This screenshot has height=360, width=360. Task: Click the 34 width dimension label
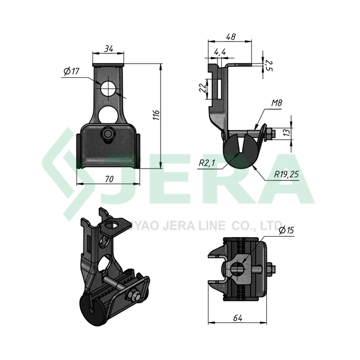click(x=108, y=48)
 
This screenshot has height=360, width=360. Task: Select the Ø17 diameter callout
click(x=71, y=72)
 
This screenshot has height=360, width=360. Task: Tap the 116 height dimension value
click(x=156, y=115)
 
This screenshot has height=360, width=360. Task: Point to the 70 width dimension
click(x=109, y=179)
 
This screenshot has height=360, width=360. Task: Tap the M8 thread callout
click(x=276, y=103)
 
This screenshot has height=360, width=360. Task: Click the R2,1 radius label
click(x=207, y=163)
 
